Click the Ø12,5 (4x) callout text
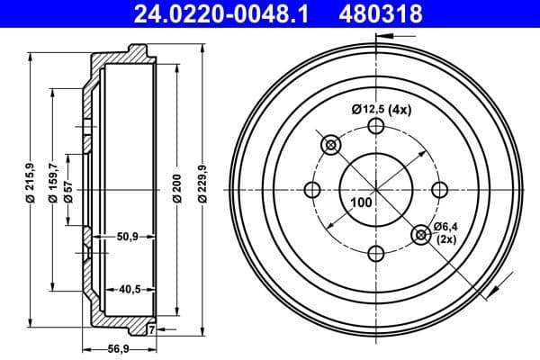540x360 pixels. point(381,110)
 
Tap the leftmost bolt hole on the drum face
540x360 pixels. point(313,190)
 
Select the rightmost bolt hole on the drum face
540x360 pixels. point(440,190)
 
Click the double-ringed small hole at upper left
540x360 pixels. point(330,145)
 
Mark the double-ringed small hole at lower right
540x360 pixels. point(421,235)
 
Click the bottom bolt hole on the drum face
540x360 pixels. point(376,253)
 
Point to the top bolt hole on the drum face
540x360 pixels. point(376,127)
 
